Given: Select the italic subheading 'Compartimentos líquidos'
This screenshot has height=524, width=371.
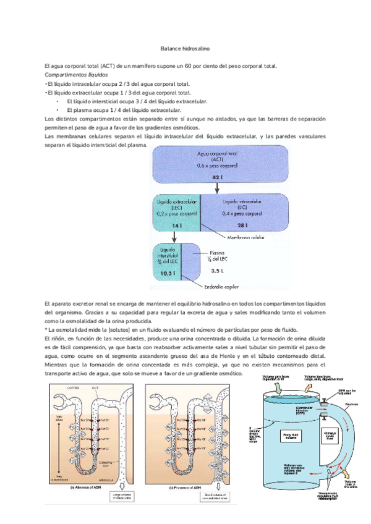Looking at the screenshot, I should (70, 75).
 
